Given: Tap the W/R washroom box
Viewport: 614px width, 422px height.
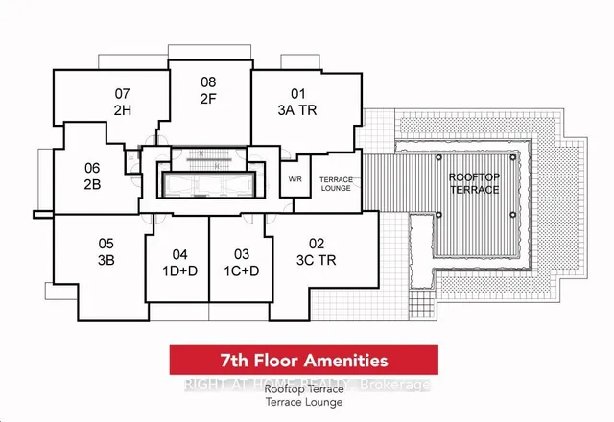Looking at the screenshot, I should (295, 179).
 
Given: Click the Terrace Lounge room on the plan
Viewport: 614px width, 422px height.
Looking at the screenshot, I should (335, 184).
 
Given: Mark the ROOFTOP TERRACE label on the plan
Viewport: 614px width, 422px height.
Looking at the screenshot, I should (475, 183).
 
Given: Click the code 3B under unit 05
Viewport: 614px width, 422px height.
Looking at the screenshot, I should (106, 260).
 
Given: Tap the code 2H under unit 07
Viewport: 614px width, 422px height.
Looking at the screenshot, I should (122, 111).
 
